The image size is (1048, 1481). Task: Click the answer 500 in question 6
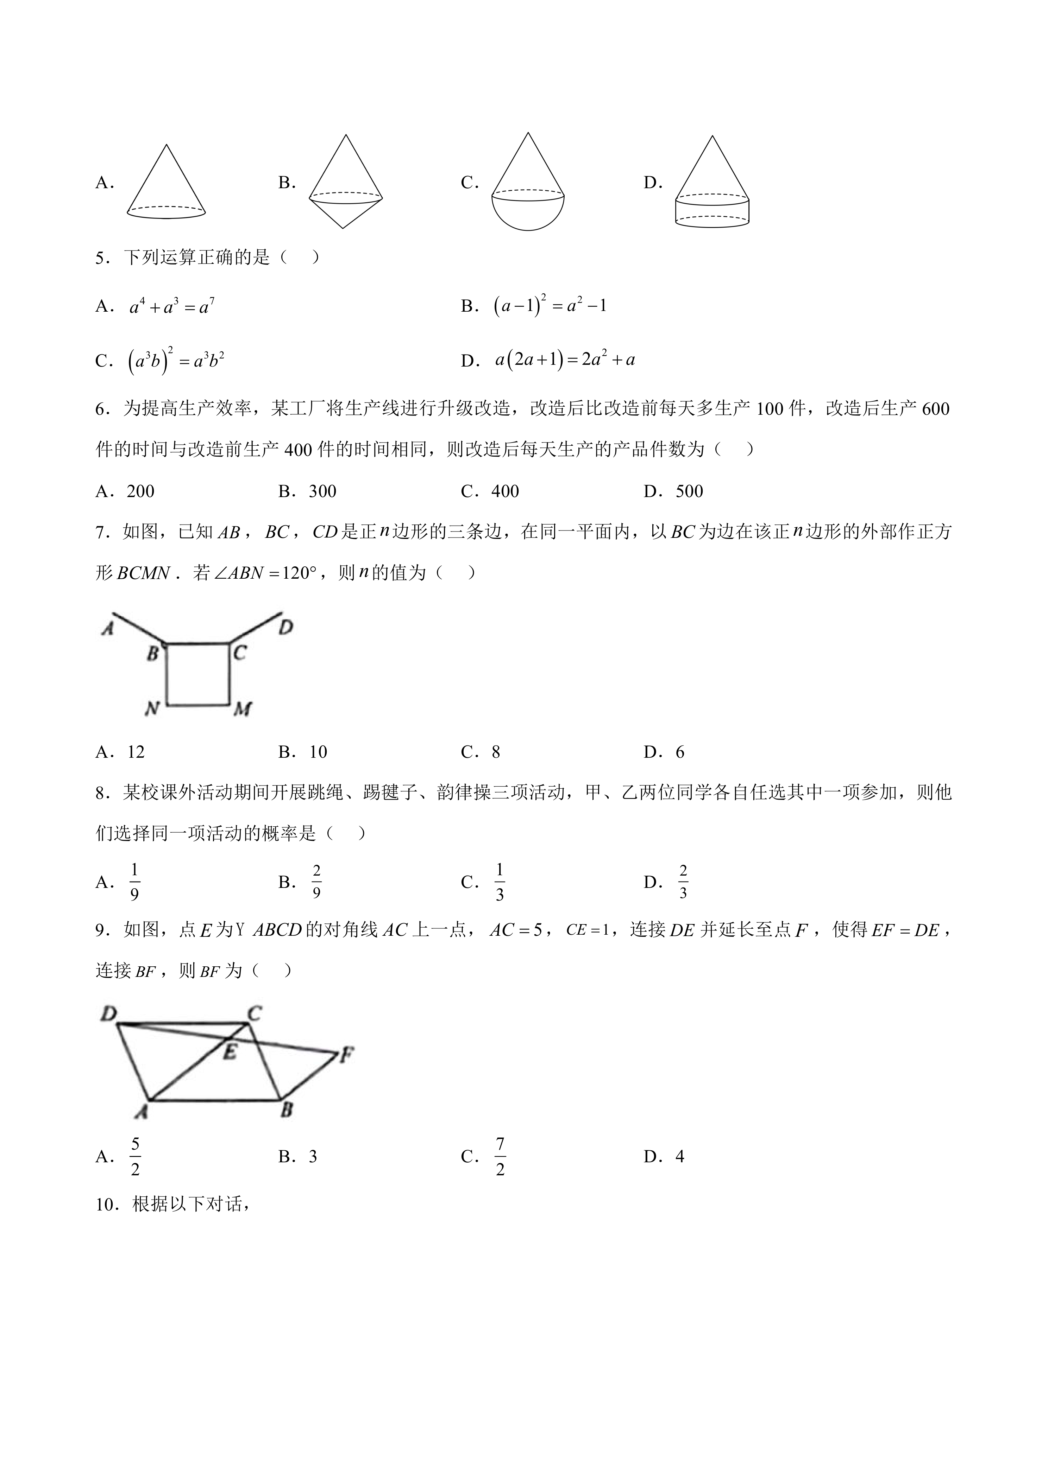(689, 491)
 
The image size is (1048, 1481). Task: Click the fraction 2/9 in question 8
(316, 882)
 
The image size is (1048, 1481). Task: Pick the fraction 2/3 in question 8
(683, 882)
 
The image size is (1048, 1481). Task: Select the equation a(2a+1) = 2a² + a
(565, 360)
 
